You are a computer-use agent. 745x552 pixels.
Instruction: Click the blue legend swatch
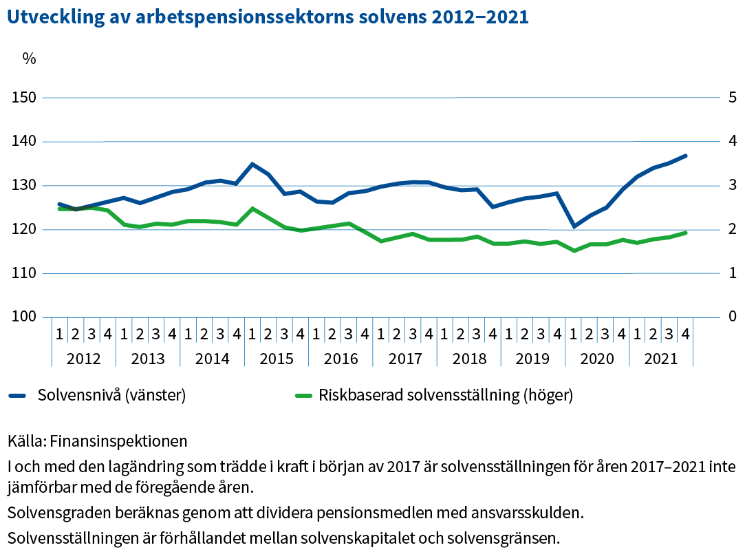[17, 396]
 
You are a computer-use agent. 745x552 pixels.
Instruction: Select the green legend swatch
[303, 396]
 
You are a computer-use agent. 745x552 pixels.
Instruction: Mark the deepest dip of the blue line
[574, 226]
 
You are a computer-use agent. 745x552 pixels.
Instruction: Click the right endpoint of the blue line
[686, 156]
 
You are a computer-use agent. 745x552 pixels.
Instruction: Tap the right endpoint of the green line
[686, 233]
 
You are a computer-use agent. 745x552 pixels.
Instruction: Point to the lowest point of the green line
[574, 251]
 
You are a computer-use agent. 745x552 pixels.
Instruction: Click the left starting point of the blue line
[59, 204]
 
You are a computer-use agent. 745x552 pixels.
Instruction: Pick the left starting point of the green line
[59, 208]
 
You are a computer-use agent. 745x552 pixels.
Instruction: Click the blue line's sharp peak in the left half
[252, 164]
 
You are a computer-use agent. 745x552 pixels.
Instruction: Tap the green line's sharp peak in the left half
[252, 208]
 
